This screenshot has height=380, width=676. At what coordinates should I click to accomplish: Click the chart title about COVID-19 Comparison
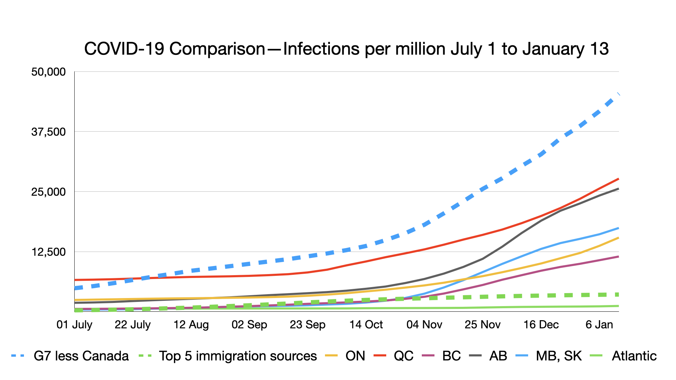346,49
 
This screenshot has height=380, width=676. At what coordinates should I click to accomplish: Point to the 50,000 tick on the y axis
49,72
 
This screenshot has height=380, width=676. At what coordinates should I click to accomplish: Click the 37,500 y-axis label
49,132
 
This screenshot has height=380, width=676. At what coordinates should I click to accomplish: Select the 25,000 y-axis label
49,192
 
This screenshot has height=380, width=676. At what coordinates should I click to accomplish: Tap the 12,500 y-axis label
49,252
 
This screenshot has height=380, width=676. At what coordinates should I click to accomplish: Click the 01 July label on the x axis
74,324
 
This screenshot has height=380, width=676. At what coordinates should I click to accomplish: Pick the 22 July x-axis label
132,324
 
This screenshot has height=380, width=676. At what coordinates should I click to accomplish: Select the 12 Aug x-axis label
191,324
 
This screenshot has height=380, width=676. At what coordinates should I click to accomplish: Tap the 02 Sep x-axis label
249,324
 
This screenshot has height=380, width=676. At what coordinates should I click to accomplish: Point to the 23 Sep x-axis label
307,324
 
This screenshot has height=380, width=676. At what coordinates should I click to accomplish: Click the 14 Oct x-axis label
366,324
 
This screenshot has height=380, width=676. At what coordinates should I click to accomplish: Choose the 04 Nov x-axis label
424,324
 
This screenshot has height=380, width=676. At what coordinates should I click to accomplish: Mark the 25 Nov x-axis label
482,324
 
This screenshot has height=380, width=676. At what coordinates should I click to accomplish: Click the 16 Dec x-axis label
541,324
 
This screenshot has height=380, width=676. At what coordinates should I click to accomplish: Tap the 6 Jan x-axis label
599,324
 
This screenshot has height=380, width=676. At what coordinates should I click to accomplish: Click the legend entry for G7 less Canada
81,356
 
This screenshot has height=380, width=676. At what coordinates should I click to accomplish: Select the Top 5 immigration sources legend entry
238,356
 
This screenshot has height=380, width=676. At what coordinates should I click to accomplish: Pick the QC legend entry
403,356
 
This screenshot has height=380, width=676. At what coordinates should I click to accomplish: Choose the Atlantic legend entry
634,356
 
